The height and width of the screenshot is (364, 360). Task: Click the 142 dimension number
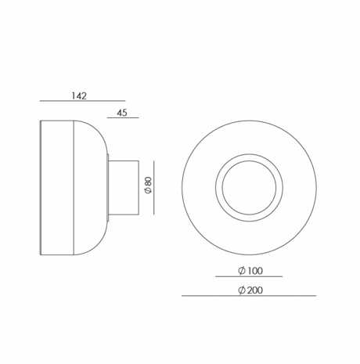pyautogui.click(x=79, y=96)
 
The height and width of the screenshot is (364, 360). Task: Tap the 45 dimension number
pyautogui.click(x=122, y=113)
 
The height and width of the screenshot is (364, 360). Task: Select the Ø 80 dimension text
pyautogui.click(x=148, y=186)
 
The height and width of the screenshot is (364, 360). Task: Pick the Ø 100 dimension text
pyautogui.click(x=250, y=271)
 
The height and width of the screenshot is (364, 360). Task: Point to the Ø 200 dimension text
pyautogui.click(x=250, y=290)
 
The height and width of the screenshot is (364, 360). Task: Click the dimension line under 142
pyautogui.click(x=82, y=101)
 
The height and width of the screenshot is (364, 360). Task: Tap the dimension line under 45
pyautogui.click(x=123, y=117)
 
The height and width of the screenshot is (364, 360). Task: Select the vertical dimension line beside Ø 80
pyautogui.click(x=154, y=188)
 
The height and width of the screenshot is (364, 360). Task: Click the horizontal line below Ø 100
pyautogui.click(x=249, y=276)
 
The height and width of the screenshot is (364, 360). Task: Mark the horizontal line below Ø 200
pyautogui.click(x=249, y=296)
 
